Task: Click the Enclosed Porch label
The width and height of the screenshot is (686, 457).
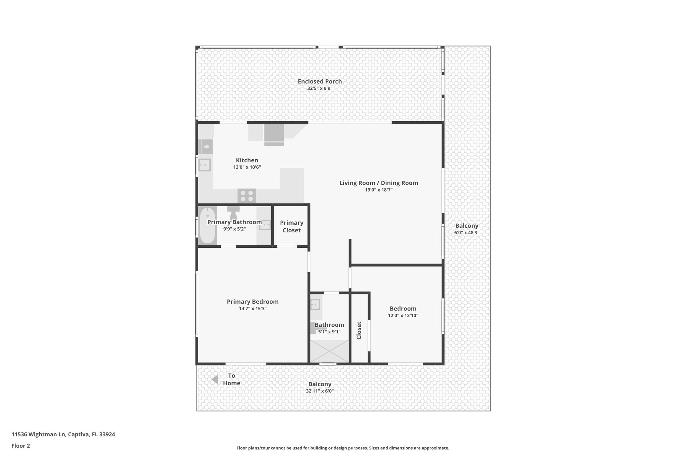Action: coord(320,81)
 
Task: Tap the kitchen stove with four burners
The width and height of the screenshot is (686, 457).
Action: coord(247,196)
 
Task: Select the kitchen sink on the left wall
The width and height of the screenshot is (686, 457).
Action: coord(204,165)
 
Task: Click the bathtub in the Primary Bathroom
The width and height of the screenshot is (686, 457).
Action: coord(207,225)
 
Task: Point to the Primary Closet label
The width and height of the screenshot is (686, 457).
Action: coord(291,226)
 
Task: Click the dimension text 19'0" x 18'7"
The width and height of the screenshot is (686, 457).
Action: coord(379,190)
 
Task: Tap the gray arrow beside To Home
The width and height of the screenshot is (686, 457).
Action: coord(215,379)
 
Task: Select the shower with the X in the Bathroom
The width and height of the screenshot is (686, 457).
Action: coord(330,351)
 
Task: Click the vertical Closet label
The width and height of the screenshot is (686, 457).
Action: coord(359,330)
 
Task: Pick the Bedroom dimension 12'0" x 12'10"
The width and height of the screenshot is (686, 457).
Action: coord(403,315)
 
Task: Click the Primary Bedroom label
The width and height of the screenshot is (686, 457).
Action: coord(253,302)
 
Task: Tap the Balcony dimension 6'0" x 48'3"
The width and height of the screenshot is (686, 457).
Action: coord(467,232)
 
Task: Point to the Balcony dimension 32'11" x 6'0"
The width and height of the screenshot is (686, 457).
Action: coord(320,391)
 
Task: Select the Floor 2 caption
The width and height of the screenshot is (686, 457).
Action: coord(21,446)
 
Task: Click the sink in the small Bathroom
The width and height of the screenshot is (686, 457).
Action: coord(315,304)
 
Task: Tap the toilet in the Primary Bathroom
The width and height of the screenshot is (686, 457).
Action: coord(233,213)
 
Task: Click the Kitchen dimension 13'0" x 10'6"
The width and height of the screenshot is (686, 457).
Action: coord(247,167)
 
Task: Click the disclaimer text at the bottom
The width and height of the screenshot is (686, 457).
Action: coord(343,448)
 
